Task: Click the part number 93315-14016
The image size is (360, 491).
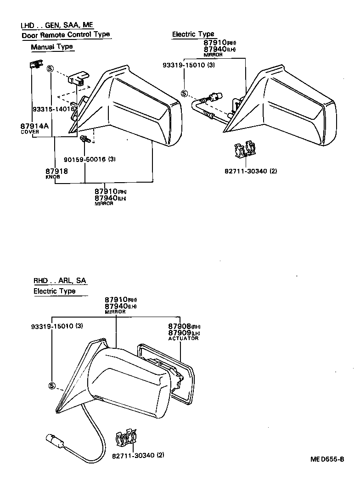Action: (x=54, y=109)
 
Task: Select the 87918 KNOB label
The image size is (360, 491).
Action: (x=56, y=172)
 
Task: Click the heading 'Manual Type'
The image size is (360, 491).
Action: (x=52, y=47)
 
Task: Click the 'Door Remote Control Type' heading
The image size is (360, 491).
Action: (x=66, y=35)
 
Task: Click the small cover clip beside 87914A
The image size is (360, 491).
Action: (x=33, y=65)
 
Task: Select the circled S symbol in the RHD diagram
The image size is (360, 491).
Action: (x=51, y=385)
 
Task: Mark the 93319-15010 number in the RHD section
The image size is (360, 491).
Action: (x=57, y=326)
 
